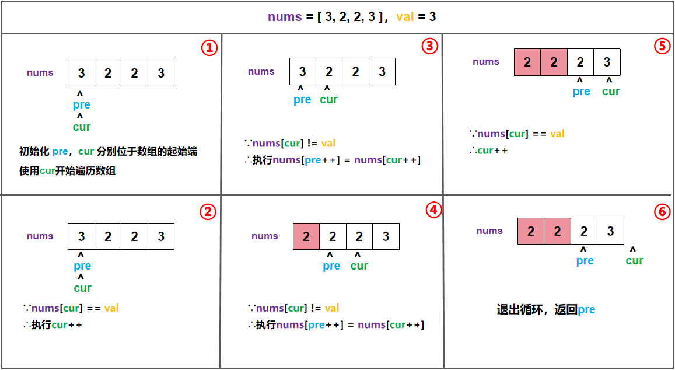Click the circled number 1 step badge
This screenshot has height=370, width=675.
click(209, 48)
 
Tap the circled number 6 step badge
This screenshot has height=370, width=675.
click(662, 212)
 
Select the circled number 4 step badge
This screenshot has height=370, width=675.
click(433, 210)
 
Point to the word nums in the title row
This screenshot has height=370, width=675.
click(285, 17)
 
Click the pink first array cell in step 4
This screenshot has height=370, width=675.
click(306, 236)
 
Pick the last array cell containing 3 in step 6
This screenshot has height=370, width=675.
click(610, 232)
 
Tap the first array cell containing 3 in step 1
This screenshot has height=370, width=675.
click(82, 73)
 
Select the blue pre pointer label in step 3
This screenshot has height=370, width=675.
click(302, 100)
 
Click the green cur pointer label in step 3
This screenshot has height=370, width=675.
click(328, 100)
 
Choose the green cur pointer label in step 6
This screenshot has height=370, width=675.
click(635, 261)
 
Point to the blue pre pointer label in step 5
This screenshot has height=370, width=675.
click(582, 92)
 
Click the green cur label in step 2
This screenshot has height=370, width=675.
click(82, 288)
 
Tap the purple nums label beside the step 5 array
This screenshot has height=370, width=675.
click(486, 62)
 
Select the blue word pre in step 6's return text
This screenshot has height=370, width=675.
click(586, 310)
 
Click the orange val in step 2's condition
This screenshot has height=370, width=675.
click(111, 308)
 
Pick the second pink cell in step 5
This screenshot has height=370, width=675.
click(554, 62)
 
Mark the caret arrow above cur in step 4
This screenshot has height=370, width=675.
click(357, 255)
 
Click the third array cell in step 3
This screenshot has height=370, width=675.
click(355, 72)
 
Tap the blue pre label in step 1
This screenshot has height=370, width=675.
click(82, 105)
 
